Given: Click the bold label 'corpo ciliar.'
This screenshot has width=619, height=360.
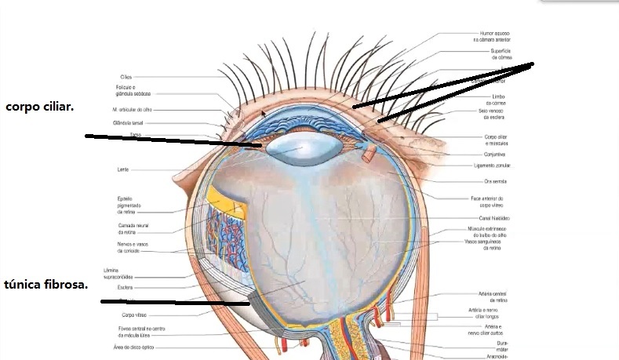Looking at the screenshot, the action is point(39,106).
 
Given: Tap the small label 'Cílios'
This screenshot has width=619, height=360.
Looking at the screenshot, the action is point(126,76).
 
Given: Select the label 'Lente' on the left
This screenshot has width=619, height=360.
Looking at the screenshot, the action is point(124,169).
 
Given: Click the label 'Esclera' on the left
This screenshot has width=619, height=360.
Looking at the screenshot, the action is point(126,287).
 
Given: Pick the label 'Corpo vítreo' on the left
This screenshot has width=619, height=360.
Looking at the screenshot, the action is point(124,315).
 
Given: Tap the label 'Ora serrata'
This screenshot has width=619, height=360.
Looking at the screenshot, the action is point(496,181).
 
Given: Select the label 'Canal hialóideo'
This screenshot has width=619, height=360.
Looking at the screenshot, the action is point(495,217).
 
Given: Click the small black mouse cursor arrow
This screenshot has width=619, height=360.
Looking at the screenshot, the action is point(264,113).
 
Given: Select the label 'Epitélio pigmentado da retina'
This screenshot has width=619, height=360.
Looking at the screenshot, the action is point(128,205).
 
